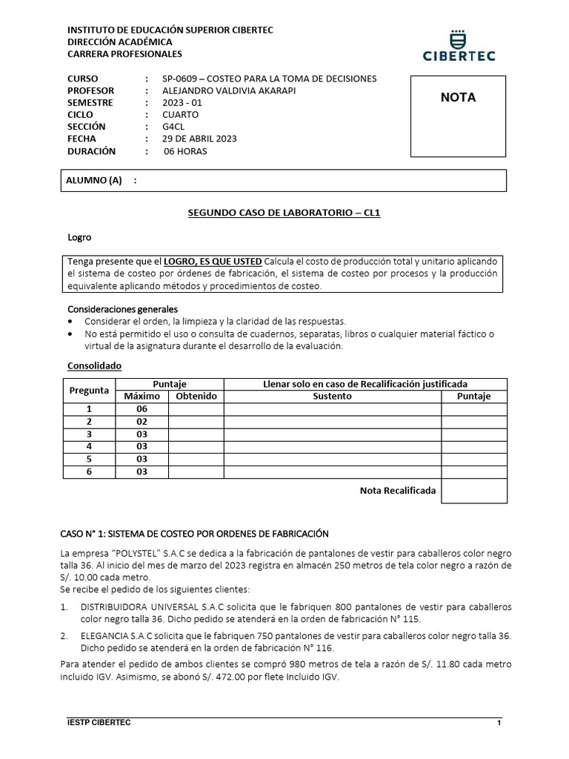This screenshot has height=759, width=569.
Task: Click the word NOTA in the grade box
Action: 458,98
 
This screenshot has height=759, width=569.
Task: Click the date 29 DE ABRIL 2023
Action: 199,139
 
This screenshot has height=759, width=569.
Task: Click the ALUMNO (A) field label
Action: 94,181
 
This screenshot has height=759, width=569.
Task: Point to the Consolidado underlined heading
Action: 94,366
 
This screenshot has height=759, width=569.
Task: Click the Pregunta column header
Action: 89,390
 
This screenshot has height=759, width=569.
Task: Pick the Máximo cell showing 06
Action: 142,408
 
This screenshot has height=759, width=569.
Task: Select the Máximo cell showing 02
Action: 142,421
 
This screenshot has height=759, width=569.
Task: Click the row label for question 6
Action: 89,471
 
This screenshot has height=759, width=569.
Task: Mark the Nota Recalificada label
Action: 397,491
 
